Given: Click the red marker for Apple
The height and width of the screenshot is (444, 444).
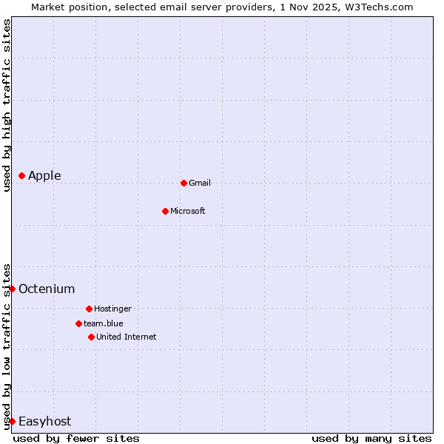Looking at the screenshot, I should tap(22, 175).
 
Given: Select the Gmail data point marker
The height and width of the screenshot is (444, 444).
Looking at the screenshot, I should tap(184, 183).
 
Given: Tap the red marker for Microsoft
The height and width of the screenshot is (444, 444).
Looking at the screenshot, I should tap(166, 211).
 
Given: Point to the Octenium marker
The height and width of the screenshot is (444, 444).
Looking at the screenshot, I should tap(12, 289).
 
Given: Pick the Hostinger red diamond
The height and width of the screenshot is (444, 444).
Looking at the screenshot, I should tap(89, 309).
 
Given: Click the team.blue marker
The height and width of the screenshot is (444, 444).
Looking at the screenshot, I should tap(78, 323).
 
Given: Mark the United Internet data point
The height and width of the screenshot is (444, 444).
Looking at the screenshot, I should tap(91, 337).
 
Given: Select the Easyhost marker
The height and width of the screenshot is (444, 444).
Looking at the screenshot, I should tap(12, 421).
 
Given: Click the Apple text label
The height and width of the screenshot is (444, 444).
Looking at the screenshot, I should tap(44, 175).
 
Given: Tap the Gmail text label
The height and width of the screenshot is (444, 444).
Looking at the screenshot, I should tap(200, 183).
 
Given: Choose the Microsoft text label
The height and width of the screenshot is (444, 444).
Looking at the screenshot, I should tap(188, 211).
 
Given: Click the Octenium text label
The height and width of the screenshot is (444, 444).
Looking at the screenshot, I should tap(47, 289).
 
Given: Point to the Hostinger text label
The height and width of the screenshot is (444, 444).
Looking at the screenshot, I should tap(112, 309).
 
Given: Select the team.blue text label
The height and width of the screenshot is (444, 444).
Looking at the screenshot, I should tap(104, 323).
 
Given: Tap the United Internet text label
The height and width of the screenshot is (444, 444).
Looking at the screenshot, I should tap(127, 337).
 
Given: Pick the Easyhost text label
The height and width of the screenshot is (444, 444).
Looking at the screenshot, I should tap(44, 421).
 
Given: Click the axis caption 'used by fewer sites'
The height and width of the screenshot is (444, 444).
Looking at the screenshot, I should tap(76, 438).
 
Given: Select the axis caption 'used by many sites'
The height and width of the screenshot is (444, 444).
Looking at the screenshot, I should tap(371, 438).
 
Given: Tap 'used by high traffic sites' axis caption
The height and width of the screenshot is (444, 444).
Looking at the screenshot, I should tap(7, 105).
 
